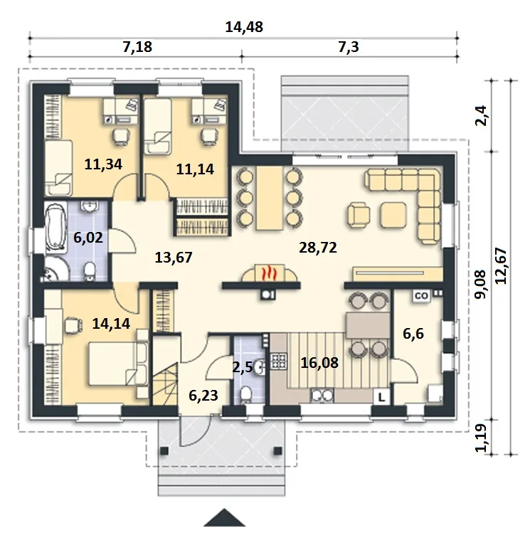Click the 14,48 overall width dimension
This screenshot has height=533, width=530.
tap(244, 27)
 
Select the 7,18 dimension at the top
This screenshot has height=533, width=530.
tap(137, 47)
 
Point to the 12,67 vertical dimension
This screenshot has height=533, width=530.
tap(501, 266)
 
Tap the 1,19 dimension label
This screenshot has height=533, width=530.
tap(482, 438)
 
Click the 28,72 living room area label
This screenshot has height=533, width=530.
tap(318, 248)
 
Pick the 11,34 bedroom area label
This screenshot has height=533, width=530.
tap(103, 164)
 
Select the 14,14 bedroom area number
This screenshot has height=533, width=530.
tap(111, 324)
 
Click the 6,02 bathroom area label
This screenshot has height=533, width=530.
tap(88, 238)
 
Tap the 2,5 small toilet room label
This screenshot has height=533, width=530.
tap(243, 367)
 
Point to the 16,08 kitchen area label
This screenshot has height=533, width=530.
tap(319, 363)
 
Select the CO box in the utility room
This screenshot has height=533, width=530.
tap(421, 296)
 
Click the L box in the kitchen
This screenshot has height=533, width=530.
tap(381, 396)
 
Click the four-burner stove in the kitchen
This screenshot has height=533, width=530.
tap(279, 361)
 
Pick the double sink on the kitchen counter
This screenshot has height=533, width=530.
tap(322, 396)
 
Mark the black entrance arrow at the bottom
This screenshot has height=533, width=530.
tap(224, 517)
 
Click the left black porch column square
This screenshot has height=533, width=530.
tap(164, 450)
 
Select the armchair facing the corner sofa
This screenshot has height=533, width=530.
tap(359, 215)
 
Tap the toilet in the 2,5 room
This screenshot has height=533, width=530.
tap(245, 396)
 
